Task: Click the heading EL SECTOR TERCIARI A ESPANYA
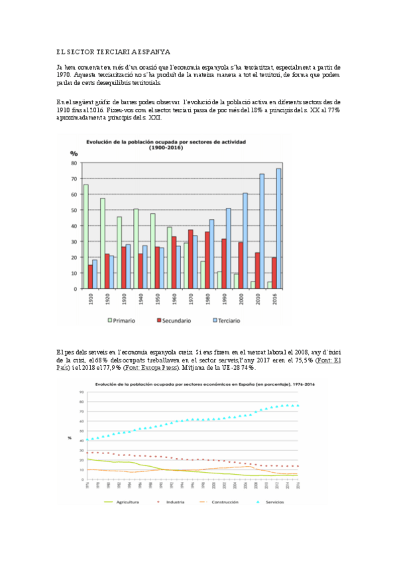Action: tap(113, 51)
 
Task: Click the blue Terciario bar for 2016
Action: tap(278, 228)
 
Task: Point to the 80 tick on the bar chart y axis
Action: tap(74, 163)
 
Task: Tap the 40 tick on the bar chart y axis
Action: tap(74, 226)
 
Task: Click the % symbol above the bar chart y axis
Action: tap(74, 154)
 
